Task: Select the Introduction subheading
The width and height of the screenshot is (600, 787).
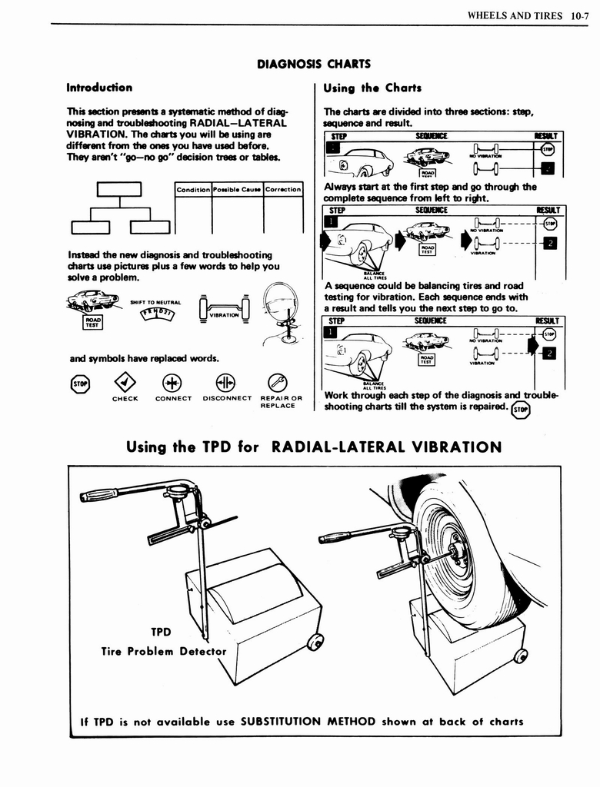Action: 99,88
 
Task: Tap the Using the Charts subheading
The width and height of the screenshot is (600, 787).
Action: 372,88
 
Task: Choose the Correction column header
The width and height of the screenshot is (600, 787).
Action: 282,189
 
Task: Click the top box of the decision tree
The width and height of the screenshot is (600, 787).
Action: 119,189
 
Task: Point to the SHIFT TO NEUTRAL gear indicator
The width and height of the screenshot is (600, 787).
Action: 155,313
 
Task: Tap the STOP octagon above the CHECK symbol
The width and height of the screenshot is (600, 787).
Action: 80,382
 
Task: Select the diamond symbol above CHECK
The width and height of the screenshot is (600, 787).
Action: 125,382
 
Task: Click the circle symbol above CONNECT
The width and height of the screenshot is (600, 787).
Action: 172,382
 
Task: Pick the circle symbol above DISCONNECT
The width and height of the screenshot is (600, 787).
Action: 226,382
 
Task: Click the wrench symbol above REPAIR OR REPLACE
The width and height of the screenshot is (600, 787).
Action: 277,382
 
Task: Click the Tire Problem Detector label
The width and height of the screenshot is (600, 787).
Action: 164,652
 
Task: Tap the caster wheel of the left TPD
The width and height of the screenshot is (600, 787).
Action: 314,642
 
